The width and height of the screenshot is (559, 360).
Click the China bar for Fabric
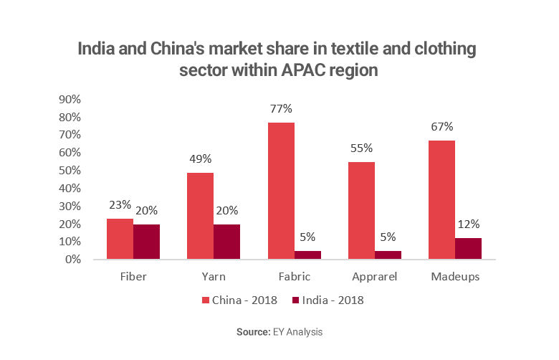[x=281, y=191]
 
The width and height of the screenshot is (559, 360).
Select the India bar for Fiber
[x=147, y=242]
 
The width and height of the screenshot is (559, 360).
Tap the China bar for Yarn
[x=201, y=216]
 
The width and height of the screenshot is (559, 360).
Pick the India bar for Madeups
[x=468, y=249]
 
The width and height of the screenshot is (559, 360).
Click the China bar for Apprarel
[x=361, y=210]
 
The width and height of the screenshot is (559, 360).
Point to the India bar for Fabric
[x=307, y=255]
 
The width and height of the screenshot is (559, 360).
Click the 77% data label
[x=281, y=109]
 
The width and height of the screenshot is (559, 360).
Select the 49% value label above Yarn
[x=201, y=159]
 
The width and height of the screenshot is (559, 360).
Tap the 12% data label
[x=469, y=224]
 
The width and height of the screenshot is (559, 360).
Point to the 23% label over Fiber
[x=120, y=205]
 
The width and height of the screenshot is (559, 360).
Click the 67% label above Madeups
[x=441, y=127]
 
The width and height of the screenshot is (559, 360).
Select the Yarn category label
[x=214, y=276]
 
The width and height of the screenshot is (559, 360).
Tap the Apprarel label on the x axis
[x=374, y=276]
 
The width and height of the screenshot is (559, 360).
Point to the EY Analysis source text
[x=299, y=333]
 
